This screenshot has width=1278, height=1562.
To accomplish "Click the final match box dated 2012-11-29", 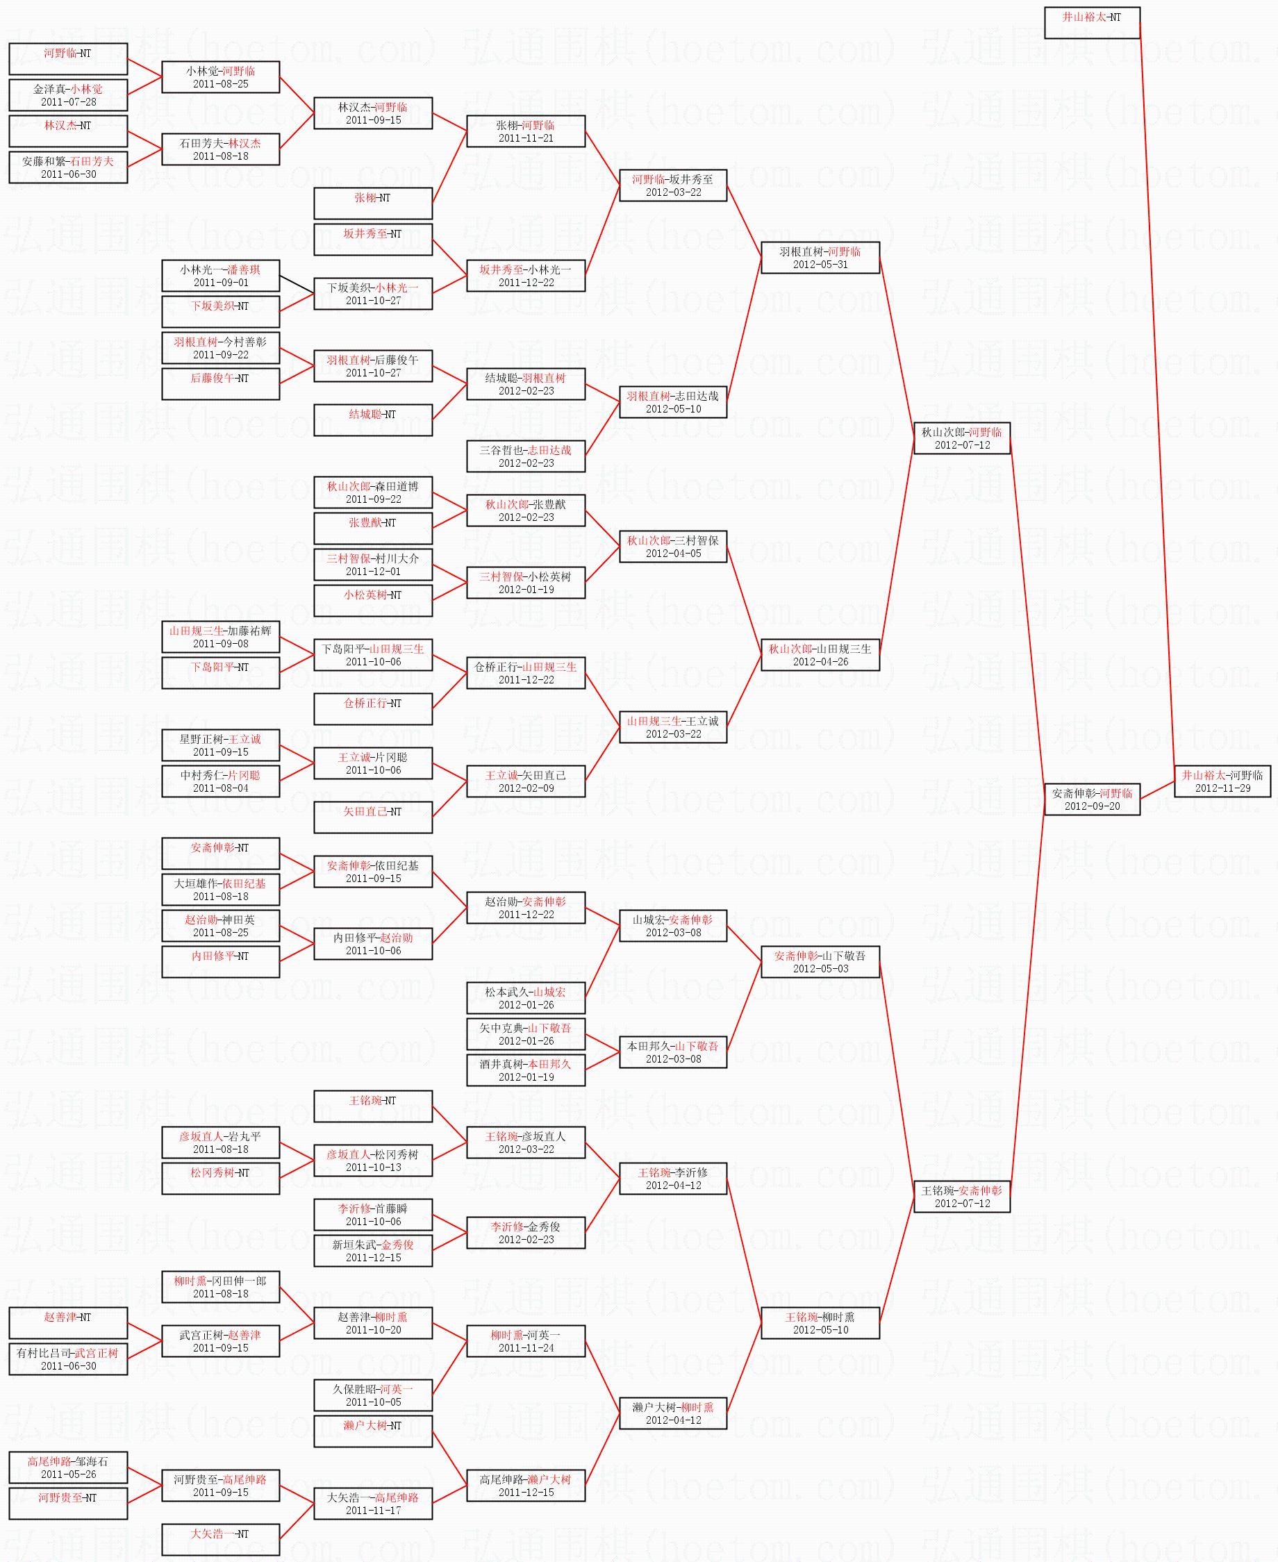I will click(x=1222, y=781).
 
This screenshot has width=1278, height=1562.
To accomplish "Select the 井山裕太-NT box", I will click(x=1092, y=22).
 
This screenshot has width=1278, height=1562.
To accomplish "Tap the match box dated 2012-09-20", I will click(x=1092, y=799).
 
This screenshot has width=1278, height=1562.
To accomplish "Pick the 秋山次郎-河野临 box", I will click(x=961, y=438).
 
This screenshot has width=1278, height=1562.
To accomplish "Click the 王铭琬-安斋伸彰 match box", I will click(x=961, y=1196).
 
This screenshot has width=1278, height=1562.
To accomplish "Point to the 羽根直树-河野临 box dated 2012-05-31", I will click(x=820, y=258).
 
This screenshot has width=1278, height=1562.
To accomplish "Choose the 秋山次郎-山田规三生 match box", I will click(x=820, y=654).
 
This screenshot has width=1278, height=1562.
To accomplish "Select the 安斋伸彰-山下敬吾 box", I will click(x=820, y=961).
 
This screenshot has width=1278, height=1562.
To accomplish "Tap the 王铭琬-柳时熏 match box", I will click(x=820, y=1323).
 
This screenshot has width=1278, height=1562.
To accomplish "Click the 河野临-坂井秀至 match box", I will click(x=672, y=185).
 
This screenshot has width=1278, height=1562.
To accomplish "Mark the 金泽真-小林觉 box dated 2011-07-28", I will click(x=68, y=95).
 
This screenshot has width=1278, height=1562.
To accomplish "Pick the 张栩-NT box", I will click(x=372, y=203).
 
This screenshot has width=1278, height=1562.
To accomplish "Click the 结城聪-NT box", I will click(x=372, y=419).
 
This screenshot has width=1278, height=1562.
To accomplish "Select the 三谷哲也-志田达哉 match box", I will click(x=526, y=456).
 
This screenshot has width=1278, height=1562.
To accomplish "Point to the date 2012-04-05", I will click(x=673, y=554).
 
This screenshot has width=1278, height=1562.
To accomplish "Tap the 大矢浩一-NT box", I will click(x=220, y=1539).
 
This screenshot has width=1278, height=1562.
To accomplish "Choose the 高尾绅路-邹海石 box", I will click(x=68, y=1467).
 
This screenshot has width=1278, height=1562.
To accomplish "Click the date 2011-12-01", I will click(x=373, y=571).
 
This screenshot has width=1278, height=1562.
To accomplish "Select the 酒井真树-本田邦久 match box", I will click(x=526, y=1070).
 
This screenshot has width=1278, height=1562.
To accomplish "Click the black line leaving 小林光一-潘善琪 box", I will click(x=297, y=285).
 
